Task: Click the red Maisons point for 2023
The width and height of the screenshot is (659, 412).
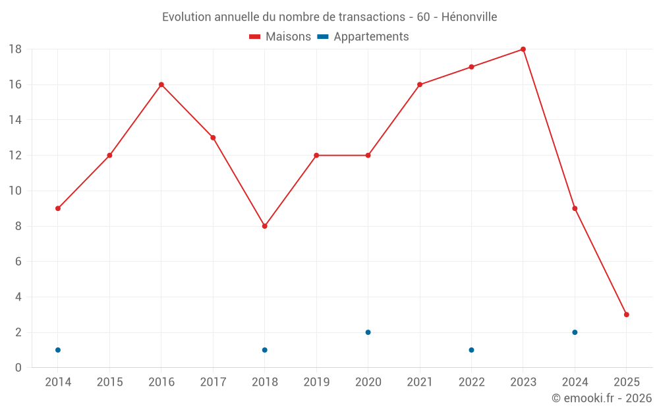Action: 523,49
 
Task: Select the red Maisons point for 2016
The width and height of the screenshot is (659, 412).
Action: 161,84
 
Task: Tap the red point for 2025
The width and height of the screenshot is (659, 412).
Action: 626,314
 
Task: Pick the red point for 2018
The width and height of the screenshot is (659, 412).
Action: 264,226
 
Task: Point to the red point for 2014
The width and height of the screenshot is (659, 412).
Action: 58,208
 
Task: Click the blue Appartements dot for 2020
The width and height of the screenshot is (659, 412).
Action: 368,332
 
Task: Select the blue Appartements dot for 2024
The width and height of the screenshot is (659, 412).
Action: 575,332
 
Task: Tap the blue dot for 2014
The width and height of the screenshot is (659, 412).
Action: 58,350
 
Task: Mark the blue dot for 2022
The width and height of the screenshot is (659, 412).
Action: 471,350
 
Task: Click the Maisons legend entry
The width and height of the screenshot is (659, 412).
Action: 280,37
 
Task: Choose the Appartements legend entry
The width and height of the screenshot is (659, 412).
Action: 364,37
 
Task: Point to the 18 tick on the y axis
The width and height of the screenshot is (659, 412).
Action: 15,49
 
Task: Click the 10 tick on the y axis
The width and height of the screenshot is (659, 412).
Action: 15,191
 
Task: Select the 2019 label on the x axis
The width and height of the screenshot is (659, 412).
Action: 316,382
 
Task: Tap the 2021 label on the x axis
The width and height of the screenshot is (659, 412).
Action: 420,382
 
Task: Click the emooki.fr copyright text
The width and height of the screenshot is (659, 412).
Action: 602,398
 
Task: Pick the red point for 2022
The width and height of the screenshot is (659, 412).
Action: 471,67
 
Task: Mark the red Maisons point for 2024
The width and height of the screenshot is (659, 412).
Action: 575,208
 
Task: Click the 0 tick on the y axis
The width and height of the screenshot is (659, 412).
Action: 18,368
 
